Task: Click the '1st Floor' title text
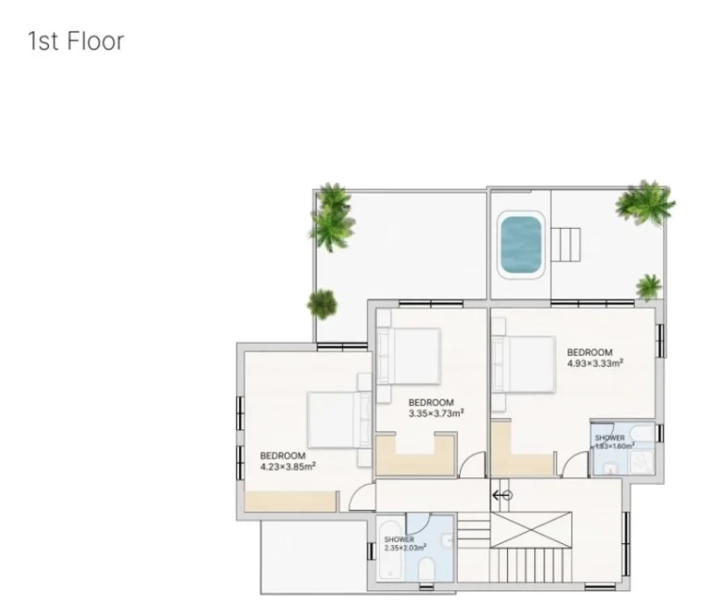click(x=76, y=41)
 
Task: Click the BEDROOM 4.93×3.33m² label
click(x=594, y=358)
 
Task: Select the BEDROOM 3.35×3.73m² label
click(x=436, y=408)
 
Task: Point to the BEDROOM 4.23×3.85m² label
click(x=287, y=461)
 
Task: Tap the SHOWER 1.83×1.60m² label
click(x=613, y=441)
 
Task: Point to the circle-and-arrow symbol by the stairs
click(x=502, y=495)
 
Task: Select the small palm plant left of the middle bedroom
click(x=323, y=302)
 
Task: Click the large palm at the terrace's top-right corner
click(x=645, y=202)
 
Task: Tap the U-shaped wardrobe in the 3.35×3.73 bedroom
click(x=415, y=456)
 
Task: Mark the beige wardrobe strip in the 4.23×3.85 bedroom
click(x=290, y=501)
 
